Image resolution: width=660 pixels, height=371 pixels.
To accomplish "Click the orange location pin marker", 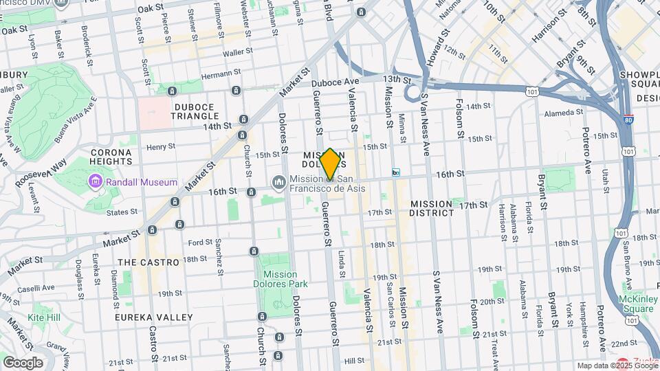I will (x=330, y=164).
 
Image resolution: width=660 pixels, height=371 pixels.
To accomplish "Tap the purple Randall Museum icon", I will (x=95, y=182).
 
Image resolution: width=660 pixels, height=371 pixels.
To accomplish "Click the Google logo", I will (x=23, y=362).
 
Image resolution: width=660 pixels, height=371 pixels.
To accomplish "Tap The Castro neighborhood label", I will (x=148, y=262).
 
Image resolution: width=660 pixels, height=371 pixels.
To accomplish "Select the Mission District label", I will (x=432, y=209).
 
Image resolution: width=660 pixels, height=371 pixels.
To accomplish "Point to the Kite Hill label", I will (x=45, y=318).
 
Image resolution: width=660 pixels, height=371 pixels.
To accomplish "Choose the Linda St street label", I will (x=342, y=259).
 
